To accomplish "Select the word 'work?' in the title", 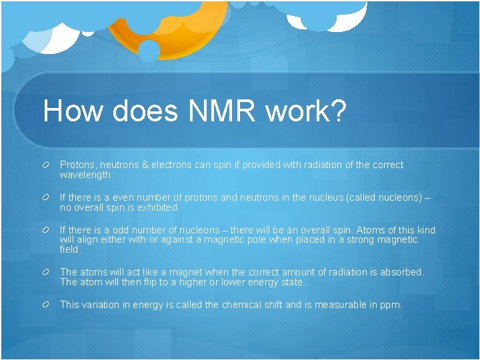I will [x=306, y=111].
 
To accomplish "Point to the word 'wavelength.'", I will [x=87, y=175].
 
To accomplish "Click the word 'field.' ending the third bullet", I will [x=70, y=249].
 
